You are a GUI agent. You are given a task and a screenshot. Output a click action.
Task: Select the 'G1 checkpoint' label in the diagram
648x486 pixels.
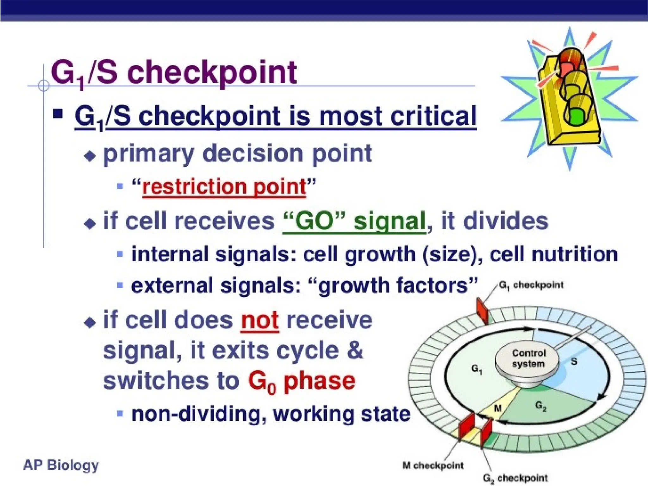point(531,285)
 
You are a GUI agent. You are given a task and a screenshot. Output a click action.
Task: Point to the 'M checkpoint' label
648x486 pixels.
point(433,466)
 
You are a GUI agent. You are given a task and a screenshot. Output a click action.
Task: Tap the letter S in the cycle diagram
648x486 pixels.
point(574,361)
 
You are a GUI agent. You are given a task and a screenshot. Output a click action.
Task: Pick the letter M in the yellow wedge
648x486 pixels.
point(498,408)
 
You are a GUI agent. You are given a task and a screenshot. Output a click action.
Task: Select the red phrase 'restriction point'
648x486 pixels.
point(224,187)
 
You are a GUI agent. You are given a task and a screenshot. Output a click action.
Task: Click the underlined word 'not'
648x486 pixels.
point(259,321)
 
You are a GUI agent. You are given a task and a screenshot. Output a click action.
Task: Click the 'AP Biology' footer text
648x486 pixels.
point(61,465)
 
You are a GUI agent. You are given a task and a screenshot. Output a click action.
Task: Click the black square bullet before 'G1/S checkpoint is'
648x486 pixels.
point(58,113)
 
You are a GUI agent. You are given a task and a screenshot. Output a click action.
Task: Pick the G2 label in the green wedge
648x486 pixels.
point(540,406)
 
